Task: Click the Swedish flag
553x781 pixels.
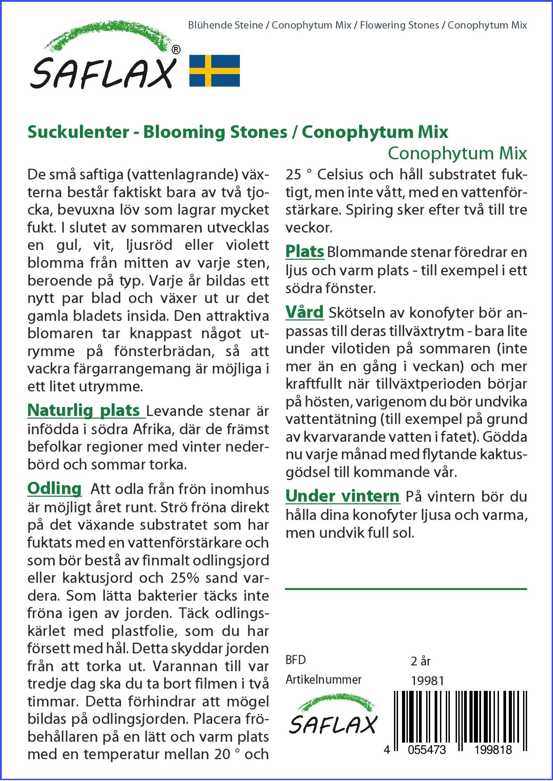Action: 215,71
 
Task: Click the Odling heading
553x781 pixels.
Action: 54,488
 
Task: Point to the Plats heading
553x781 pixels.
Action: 305,251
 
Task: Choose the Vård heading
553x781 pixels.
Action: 305,312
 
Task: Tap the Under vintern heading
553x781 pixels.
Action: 342,496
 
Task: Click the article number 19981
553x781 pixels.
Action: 427,681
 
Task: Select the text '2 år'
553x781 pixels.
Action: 420,661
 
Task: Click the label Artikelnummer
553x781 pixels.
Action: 323,680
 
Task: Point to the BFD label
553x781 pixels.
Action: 296,660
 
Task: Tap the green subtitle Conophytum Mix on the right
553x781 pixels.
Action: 457,153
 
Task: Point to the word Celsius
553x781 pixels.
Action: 341,174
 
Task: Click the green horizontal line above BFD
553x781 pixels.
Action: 406,589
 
